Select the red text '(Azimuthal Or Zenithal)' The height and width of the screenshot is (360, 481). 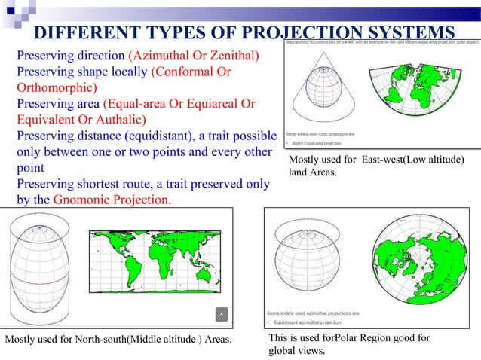194,56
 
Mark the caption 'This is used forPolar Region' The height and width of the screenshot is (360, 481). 349,338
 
